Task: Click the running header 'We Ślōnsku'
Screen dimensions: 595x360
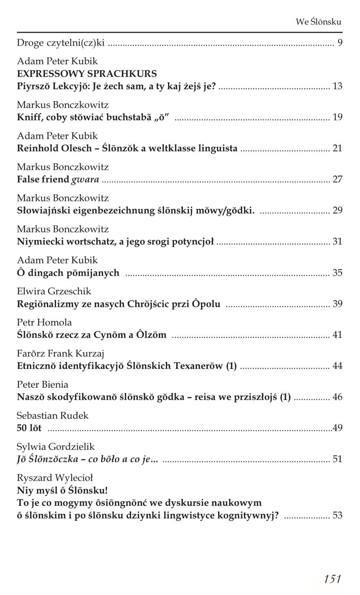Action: pos(318,22)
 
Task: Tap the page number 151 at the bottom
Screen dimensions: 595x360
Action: pos(332,578)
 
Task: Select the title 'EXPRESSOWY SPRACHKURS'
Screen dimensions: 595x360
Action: pos(87,74)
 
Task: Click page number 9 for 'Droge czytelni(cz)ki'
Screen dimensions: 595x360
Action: pos(340,43)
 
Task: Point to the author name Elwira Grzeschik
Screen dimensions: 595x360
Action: pos(54,291)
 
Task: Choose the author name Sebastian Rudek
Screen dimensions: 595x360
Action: pos(52,415)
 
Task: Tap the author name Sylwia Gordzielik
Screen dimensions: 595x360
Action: pos(56,446)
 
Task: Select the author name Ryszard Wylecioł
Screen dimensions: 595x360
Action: pos(55,478)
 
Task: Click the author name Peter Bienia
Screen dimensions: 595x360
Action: pos(43,384)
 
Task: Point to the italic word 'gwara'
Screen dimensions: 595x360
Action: pos(85,180)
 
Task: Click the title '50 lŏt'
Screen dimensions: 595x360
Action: pos(29,428)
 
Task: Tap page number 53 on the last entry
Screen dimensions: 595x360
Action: pos(338,515)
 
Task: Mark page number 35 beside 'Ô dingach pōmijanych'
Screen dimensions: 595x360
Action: pos(338,273)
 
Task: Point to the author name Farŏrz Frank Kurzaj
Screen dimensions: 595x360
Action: pos(60,353)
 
